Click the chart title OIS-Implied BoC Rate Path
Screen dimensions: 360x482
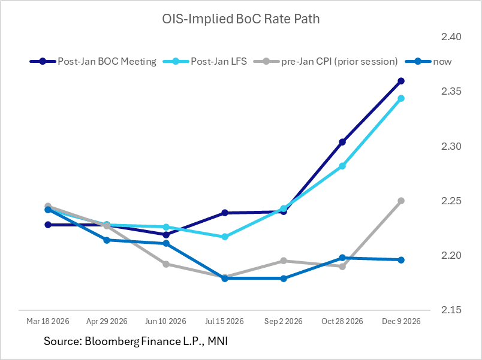click(241, 19)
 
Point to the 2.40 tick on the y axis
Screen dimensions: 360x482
click(451, 37)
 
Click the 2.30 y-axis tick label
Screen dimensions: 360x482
click(451, 146)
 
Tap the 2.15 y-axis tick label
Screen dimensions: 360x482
click(451, 310)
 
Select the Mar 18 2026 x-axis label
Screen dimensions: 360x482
click(48, 322)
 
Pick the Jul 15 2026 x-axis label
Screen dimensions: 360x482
click(225, 322)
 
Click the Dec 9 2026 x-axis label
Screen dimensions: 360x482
click(401, 322)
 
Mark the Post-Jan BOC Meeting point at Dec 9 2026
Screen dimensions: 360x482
click(401, 81)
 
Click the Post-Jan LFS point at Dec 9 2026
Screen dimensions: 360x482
click(401, 98)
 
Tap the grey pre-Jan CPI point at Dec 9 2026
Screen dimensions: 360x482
click(401, 201)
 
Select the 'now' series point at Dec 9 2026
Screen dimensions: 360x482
click(401, 260)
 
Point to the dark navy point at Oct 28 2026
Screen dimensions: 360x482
click(342, 142)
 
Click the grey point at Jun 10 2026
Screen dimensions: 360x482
click(166, 264)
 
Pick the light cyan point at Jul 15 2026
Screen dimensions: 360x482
click(225, 237)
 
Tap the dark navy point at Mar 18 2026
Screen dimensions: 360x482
click(48, 225)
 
